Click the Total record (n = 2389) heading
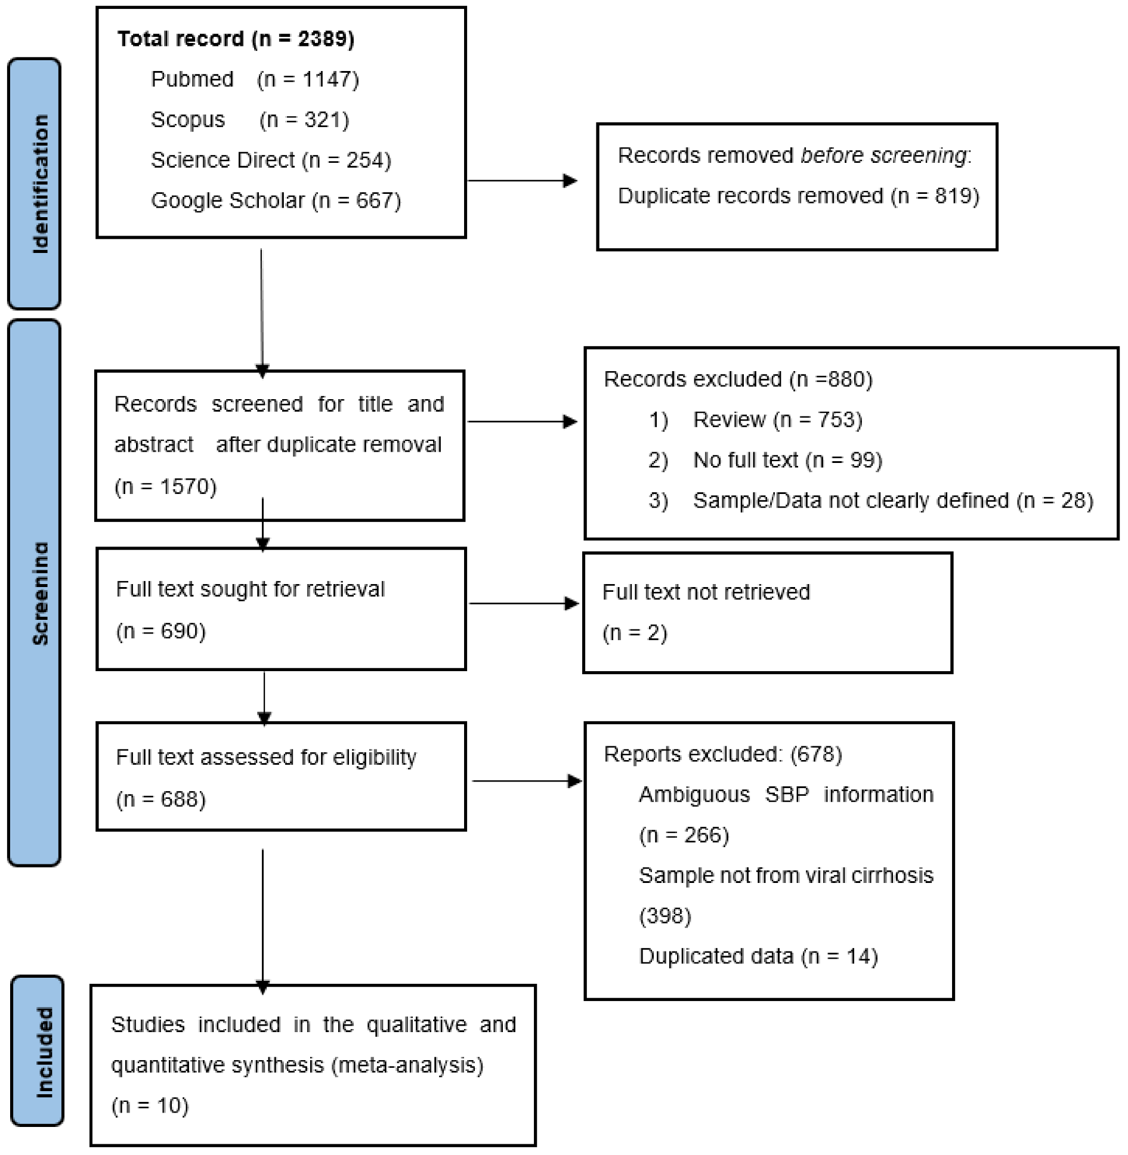coord(236,39)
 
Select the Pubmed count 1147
coord(330,79)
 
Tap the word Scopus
coord(188,120)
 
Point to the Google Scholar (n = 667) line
coord(276,200)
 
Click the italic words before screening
coord(883,155)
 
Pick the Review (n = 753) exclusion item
coord(777,420)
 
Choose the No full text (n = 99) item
coord(787,460)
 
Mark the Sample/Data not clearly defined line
coord(892,501)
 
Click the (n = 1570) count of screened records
coord(165,486)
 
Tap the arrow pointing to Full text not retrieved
coord(523,604)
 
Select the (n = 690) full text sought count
coord(161,631)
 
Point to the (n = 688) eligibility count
coord(161,799)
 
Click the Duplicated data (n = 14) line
coord(758,956)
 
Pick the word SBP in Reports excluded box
coord(787,795)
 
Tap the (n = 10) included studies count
coord(150,1105)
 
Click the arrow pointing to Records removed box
coord(522,181)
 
